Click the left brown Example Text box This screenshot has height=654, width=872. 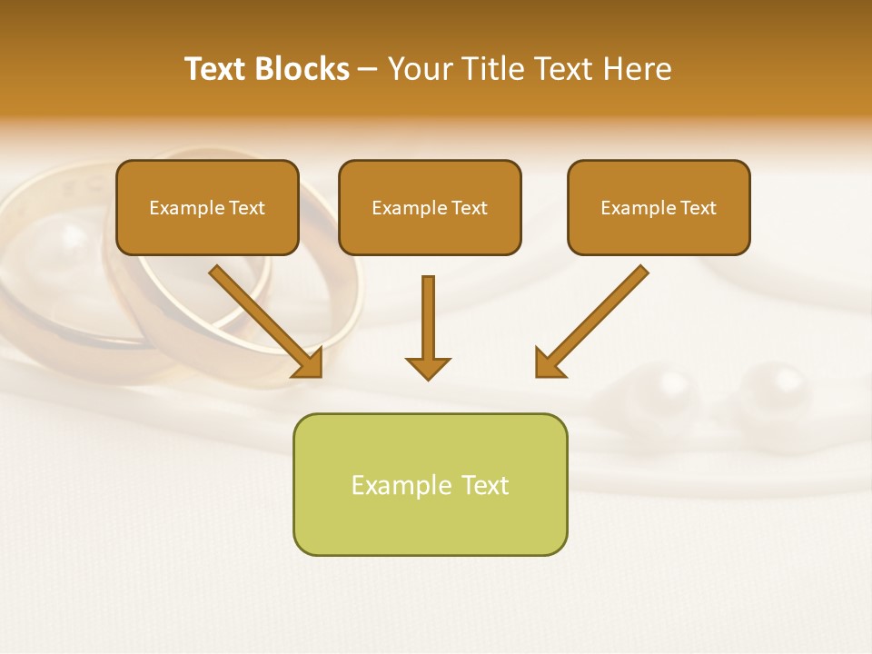coord(207,208)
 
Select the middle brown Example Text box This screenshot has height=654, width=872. coord(430,208)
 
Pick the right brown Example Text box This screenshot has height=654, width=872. coord(659,208)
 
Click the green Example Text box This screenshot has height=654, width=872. coord(430,484)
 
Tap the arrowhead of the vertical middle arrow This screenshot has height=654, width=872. coord(428,367)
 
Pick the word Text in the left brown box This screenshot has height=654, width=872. coord(247,208)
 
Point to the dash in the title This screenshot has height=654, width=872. coord(368,69)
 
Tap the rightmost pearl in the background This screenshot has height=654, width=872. coord(773,391)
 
